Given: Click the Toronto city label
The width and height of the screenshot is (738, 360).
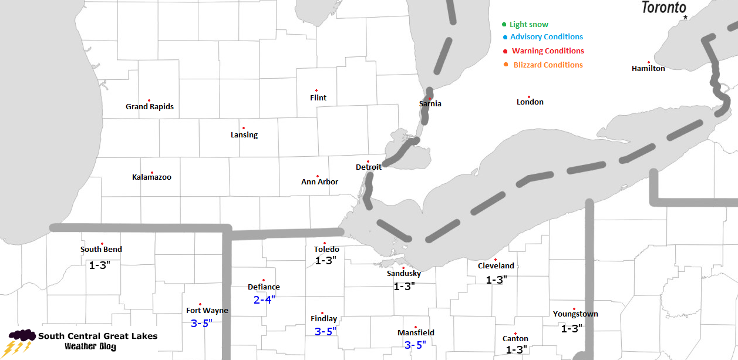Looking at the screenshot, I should (663, 8).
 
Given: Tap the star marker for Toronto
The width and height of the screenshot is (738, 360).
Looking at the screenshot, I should (685, 18).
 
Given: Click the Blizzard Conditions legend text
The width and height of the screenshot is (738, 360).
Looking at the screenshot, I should (548, 65).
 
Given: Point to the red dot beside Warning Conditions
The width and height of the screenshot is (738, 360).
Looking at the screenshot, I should (505, 51).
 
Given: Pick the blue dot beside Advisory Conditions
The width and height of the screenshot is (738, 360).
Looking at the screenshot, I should (505, 38).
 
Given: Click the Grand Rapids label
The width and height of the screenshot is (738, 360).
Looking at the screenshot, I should (150, 107).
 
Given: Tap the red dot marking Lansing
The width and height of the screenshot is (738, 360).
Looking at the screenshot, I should (243, 128).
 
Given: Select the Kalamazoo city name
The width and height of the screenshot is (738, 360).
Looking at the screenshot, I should (151, 177).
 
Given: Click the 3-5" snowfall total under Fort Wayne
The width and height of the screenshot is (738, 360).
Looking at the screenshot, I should (201, 323).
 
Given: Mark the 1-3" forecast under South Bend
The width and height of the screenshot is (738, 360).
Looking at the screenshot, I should (100, 265).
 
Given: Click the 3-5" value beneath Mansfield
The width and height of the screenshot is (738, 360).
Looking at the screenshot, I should (415, 345).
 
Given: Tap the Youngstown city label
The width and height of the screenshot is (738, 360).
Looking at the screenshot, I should (575, 314).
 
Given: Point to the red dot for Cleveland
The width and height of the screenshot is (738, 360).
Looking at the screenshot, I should (496, 260).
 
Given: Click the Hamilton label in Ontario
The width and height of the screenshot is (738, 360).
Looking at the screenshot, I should (648, 69).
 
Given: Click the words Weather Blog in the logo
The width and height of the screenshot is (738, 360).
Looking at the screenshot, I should (90, 347).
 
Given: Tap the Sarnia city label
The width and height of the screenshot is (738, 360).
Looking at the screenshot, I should (430, 104).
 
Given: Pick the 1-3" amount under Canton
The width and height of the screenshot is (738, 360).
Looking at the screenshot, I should (515, 350).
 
